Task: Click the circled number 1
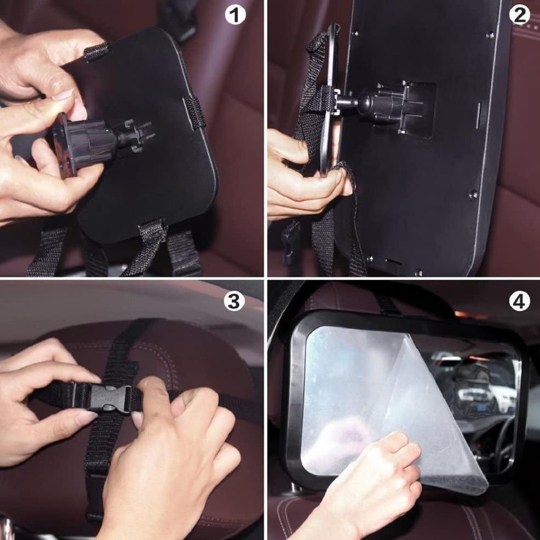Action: click(235, 15)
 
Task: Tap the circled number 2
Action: click(519, 15)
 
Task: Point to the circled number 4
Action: click(519, 302)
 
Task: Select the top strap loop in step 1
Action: click(96, 52)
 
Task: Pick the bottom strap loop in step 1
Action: click(153, 231)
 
